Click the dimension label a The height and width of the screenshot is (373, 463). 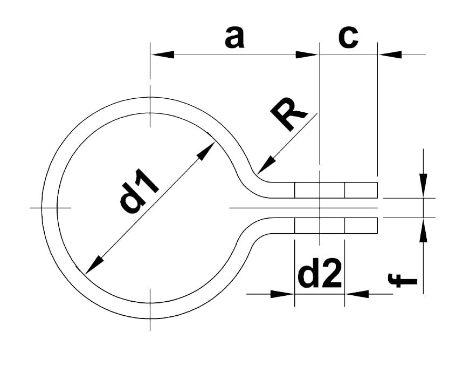(234, 38)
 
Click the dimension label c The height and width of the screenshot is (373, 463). (348, 37)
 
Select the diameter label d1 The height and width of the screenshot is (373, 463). (140, 190)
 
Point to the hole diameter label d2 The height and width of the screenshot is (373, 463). (320, 275)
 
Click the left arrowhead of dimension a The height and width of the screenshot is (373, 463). (162, 55)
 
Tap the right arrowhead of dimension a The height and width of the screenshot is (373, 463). (307, 55)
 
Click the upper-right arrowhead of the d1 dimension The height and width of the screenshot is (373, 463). (206, 152)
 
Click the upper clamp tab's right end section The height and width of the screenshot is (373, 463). (361, 190)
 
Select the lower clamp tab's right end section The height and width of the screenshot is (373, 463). (361, 225)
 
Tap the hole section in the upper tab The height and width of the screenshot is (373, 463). (320, 190)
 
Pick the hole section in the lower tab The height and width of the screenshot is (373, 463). (320, 225)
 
